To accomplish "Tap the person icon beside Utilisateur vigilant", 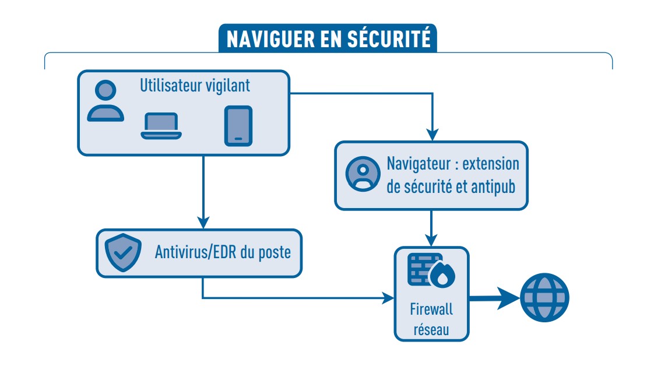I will [x=106, y=101].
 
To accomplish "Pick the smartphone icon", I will [x=238, y=125].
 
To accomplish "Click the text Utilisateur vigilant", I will [x=195, y=86].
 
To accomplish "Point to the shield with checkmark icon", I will [x=123, y=252].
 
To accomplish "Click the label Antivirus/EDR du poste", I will [x=223, y=253].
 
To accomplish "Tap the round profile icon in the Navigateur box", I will [x=363, y=173].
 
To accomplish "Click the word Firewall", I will [x=431, y=309].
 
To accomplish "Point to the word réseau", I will [x=431, y=329].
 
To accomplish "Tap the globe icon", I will [x=544, y=297].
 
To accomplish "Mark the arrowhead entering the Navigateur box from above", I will [x=431, y=134].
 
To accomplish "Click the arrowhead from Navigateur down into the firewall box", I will [x=431, y=239].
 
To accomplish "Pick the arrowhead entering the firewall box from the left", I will [x=388, y=298].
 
